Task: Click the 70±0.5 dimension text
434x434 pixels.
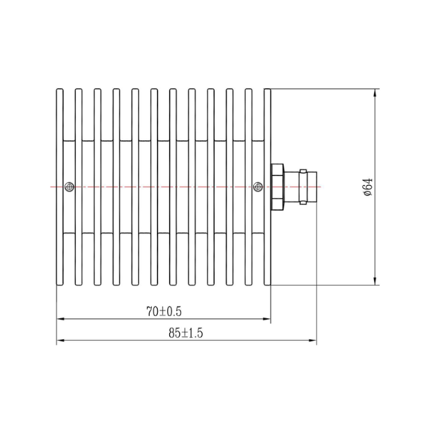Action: tap(164, 312)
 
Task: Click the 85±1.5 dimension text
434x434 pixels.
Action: tap(186, 333)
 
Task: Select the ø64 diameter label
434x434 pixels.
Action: tap(368, 187)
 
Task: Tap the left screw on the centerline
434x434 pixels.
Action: tap(69, 187)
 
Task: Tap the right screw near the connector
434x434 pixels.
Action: tap(258, 187)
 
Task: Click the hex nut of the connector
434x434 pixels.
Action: tap(277, 187)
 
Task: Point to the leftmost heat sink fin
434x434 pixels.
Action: tap(60, 187)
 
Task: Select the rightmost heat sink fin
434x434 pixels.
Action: tap(268, 187)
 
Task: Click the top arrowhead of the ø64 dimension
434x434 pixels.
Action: tap(375, 93)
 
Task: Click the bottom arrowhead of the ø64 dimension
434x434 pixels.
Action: tap(375, 281)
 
